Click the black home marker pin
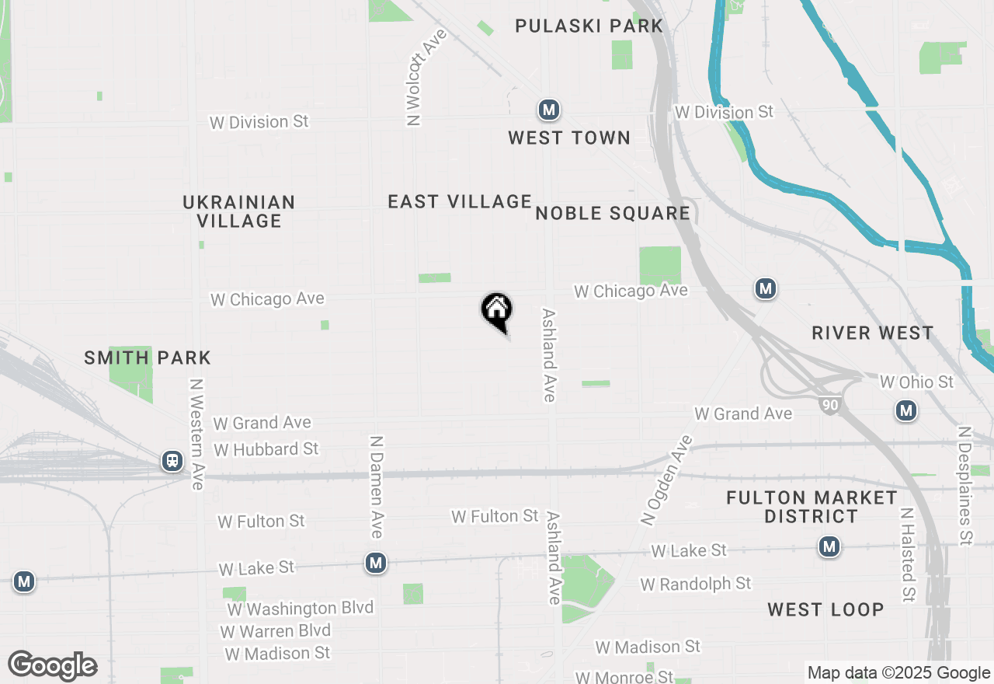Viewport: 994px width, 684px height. [497, 311]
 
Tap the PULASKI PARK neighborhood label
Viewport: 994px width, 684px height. [589, 26]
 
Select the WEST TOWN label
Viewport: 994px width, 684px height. [569, 138]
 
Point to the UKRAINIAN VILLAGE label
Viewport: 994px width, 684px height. [239, 211]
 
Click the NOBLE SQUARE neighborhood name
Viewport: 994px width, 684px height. [613, 214]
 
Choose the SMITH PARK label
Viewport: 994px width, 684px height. [148, 358]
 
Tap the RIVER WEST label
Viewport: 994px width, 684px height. [873, 333]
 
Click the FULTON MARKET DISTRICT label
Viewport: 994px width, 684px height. [812, 507]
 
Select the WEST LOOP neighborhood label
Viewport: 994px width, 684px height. [825, 609]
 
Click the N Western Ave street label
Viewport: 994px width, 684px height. [196, 434]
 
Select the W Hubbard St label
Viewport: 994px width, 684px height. [266, 449]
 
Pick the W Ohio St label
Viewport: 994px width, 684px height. [916, 382]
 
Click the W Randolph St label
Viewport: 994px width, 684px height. [696, 583]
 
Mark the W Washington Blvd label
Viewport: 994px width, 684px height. [300, 609]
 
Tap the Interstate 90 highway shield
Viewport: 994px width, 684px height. [829, 403]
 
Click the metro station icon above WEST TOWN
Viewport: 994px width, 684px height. [550, 110]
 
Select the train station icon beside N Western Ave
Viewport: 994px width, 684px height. [172, 461]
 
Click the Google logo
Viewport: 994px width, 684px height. [52, 666]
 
